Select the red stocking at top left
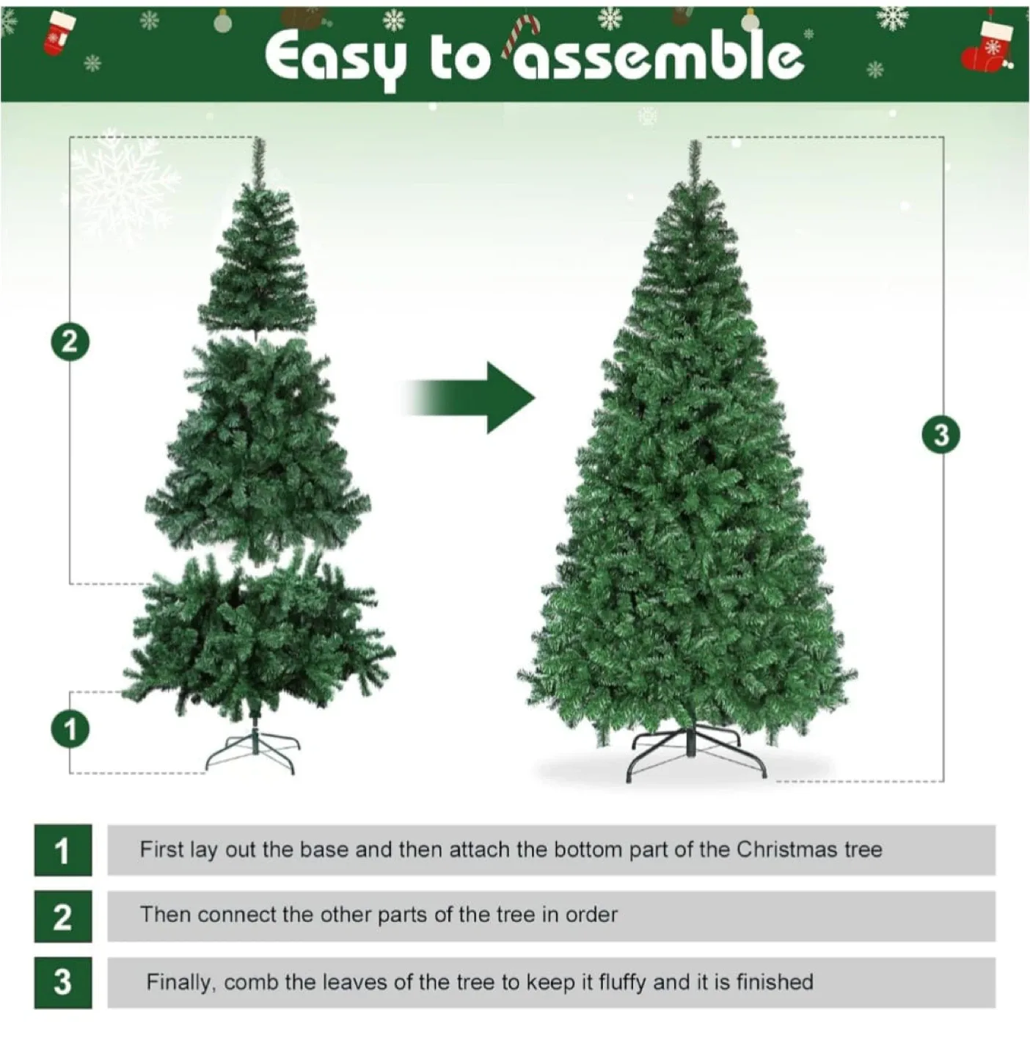point(58,33)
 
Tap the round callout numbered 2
point(70,342)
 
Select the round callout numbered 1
point(70,730)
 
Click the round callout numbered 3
point(940,435)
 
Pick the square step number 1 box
point(63,850)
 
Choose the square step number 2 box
point(63,916)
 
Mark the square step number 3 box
point(63,982)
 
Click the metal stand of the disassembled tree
point(254,750)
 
